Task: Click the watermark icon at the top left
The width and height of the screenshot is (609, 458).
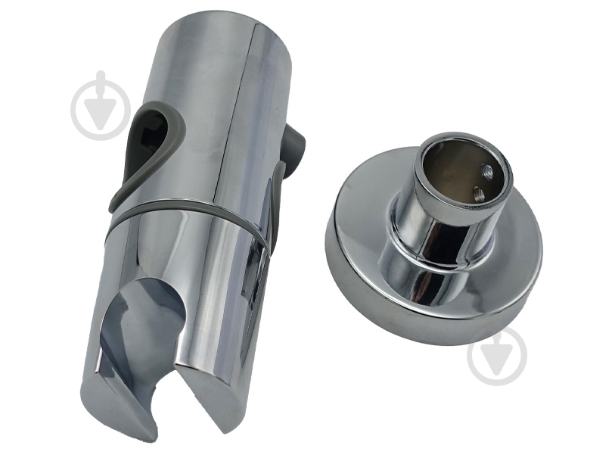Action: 101,106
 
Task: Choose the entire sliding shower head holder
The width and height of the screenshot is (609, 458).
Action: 189,227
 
